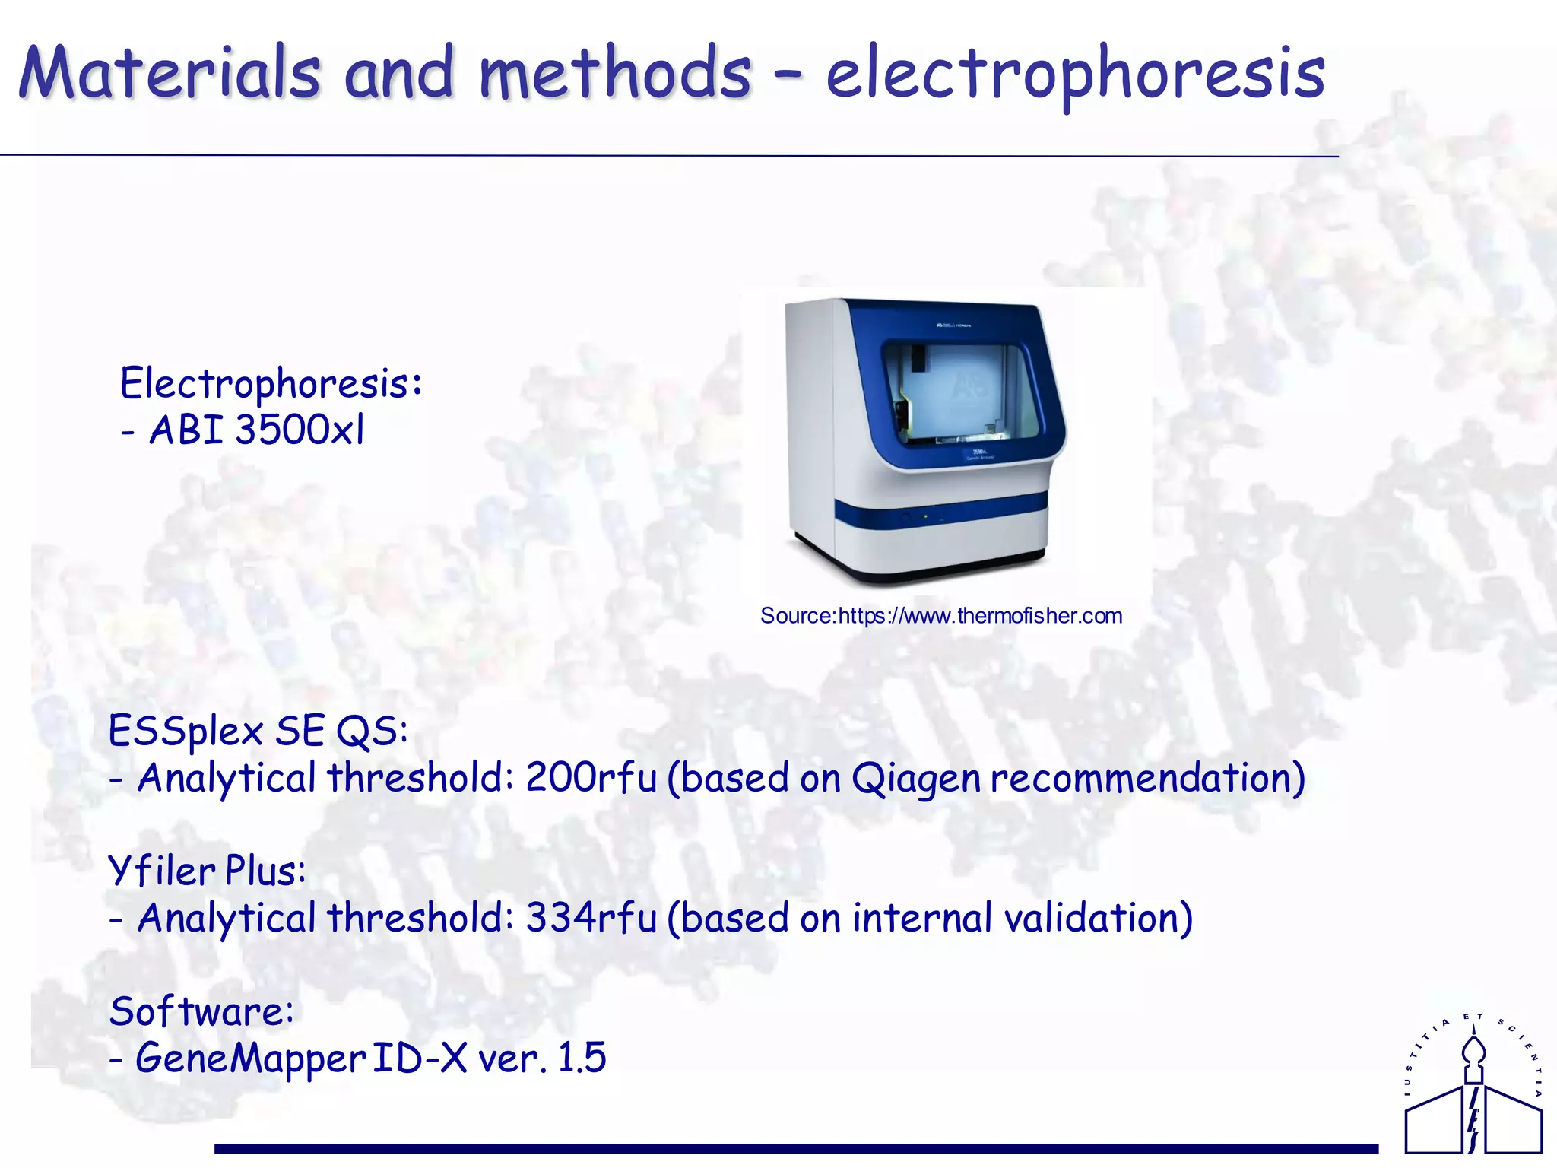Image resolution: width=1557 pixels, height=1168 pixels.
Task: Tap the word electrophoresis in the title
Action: click(x=1075, y=75)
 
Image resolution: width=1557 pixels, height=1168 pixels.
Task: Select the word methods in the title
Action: click(x=614, y=73)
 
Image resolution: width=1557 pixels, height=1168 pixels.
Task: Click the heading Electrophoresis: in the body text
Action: click(x=271, y=383)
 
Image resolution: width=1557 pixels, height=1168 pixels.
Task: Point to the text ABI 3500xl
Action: click(x=257, y=430)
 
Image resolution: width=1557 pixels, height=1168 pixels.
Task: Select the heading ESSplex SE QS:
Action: click(x=258, y=732)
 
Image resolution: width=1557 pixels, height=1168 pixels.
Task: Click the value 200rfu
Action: click(x=591, y=778)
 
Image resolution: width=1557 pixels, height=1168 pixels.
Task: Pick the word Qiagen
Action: click(x=915, y=779)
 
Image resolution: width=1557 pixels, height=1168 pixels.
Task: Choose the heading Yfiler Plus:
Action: click(x=207, y=871)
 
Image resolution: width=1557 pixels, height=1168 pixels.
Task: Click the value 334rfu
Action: click(x=591, y=918)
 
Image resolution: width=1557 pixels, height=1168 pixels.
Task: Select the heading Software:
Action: click(x=201, y=1012)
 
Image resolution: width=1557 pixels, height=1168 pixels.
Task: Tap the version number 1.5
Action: click(x=582, y=1058)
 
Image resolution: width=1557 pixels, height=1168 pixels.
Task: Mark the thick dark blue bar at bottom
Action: click(x=795, y=1148)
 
